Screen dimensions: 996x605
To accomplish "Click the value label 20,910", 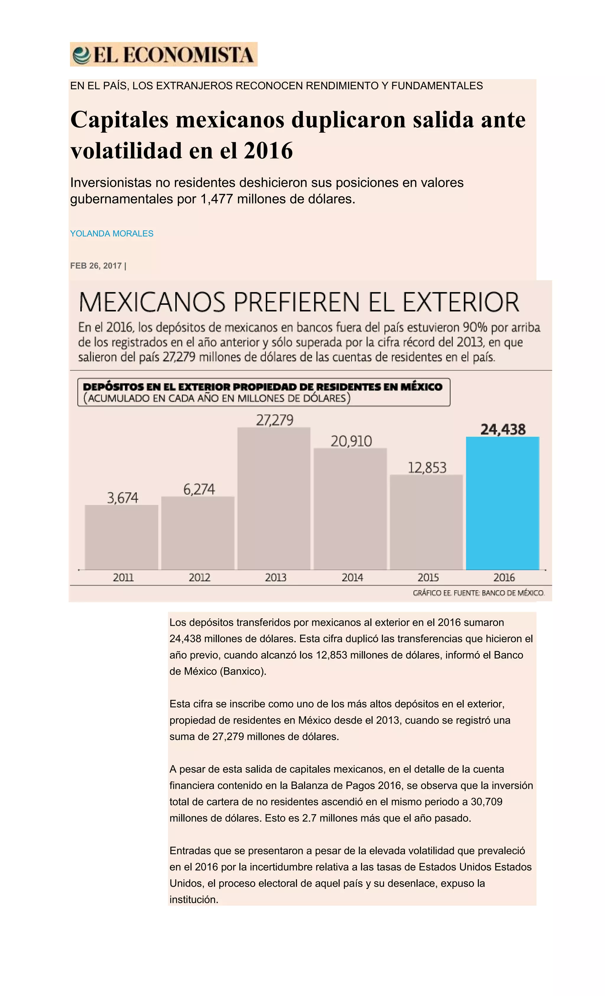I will pyautogui.click(x=351, y=441).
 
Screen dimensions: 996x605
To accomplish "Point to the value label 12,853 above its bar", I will pyautogui.click(x=427, y=468).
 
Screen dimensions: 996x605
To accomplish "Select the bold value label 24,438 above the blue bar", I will pyautogui.click(x=503, y=429).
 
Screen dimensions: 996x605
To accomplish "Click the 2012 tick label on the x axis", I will pyautogui.click(x=199, y=577).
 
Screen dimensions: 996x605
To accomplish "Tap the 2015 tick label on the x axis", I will pyautogui.click(x=428, y=577).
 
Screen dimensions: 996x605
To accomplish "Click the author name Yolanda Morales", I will pyautogui.click(x=112, y=234).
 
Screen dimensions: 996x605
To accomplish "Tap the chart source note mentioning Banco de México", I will pyautogui.click(x=479, y=593).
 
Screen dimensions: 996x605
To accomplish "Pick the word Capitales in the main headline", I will pyautogui.click(x=119, y=120).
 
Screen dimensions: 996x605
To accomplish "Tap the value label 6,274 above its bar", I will pyautogui.click(x=199, y=490).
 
